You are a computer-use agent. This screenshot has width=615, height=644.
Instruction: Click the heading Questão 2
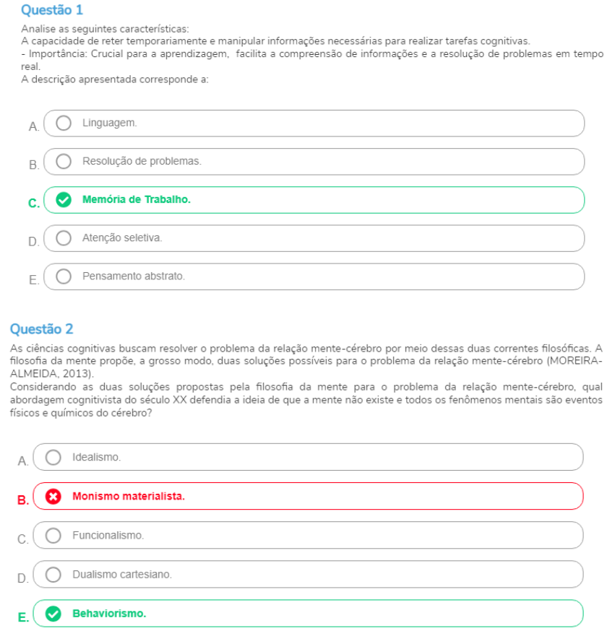41,329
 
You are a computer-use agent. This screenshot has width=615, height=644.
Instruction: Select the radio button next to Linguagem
64,123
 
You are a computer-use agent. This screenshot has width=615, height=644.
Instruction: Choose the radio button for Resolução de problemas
64,161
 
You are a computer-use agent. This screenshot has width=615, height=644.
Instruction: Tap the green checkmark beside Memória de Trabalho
64,200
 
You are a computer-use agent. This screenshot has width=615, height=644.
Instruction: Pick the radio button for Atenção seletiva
64,238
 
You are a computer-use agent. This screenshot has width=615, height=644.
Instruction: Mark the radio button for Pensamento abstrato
64,276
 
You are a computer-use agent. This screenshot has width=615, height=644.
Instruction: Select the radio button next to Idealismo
53,457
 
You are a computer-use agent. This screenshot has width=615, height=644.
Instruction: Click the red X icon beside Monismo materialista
53,496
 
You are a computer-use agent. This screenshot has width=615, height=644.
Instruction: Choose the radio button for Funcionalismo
53,535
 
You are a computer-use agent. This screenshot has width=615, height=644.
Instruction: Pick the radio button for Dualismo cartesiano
53,575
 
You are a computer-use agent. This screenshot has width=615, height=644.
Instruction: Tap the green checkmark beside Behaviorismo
53,614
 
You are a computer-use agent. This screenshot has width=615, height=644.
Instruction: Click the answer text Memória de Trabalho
137,199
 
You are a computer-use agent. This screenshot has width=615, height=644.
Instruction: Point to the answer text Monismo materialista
129,496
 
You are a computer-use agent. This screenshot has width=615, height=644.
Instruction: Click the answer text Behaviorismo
109,614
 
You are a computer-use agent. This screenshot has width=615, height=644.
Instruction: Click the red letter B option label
22,500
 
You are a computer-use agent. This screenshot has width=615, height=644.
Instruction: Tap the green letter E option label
22,618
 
